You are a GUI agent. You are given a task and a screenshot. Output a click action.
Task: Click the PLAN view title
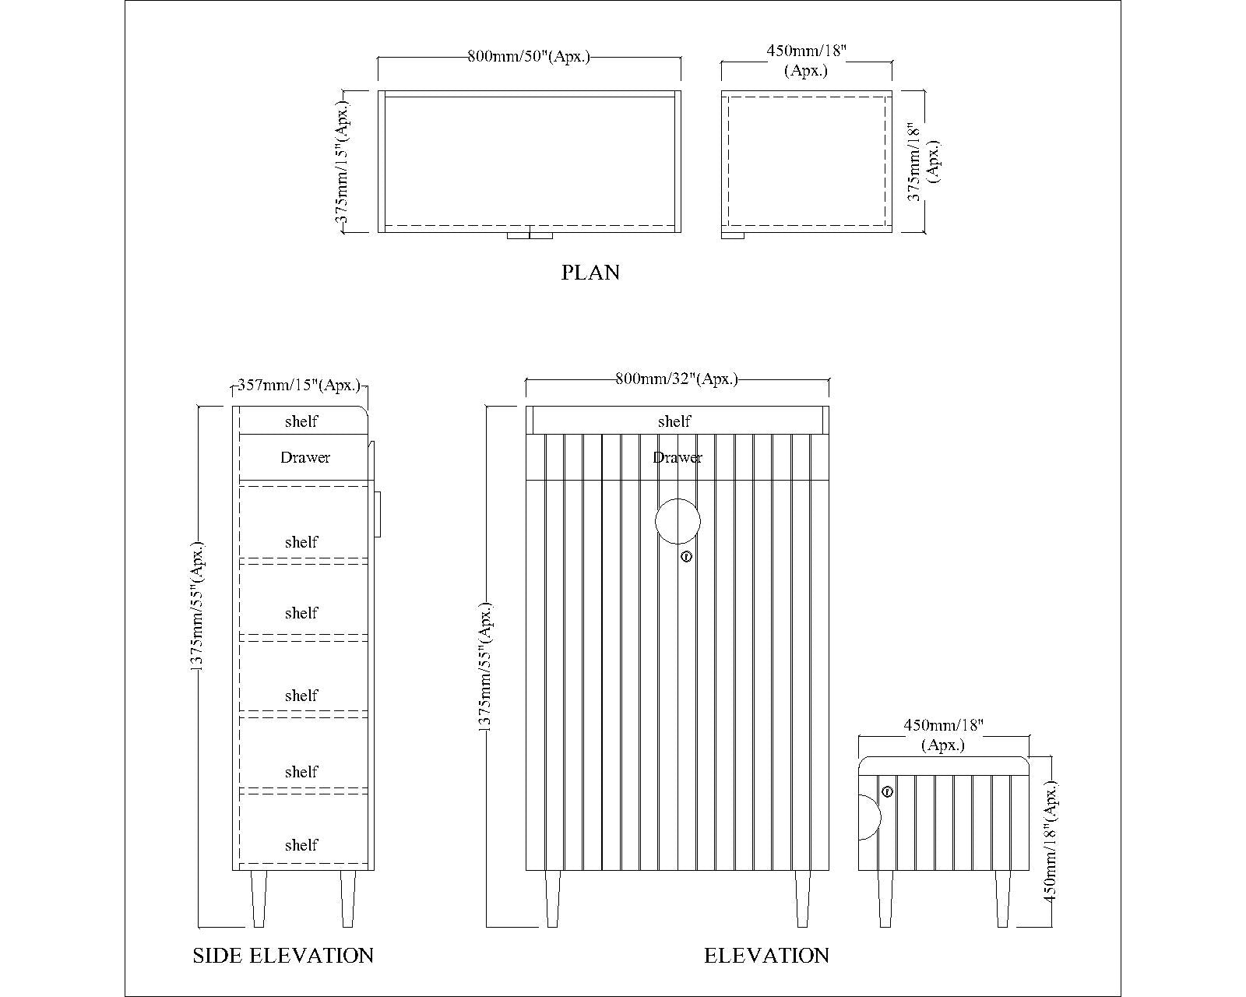tap(590, 273)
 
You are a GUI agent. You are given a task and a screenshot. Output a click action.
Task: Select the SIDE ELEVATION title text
tap(283, 955)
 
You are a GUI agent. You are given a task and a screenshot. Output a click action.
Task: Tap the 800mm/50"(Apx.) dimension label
tap(529, 57)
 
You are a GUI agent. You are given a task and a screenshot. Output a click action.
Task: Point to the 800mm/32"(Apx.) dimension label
tap(677, 379)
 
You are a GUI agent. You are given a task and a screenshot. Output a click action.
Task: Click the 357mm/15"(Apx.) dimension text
tap(299, 386)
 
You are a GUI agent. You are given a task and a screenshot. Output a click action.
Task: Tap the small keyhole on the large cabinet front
tap(686, 557)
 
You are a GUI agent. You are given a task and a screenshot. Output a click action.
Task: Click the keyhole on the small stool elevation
tap(887, 791)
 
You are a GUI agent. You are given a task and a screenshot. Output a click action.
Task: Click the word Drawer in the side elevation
tap(305, 458)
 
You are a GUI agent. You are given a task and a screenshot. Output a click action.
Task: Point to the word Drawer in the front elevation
tap(678, 458)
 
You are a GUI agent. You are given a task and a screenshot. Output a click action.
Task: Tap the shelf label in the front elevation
tap(674, 421)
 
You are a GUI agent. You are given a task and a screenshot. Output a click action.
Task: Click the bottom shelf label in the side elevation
tap(301, 845)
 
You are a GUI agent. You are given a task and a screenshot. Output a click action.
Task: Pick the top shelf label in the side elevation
tap(301, 421)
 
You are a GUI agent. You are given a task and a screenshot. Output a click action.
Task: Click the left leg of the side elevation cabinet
tap(259, 899)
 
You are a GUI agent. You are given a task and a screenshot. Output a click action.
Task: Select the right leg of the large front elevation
tap(802, 899)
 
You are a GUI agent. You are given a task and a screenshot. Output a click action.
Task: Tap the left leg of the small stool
tap(885, 899)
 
